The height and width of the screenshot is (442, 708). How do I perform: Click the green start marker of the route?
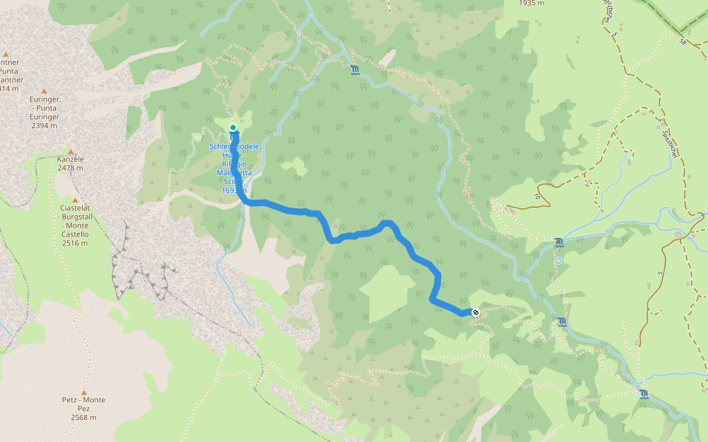[233, 127]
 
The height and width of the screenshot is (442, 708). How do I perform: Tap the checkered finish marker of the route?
[476, 312]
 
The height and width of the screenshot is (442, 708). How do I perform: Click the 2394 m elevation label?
[44, 125]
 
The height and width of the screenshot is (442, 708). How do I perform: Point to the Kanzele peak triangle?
[71, 150]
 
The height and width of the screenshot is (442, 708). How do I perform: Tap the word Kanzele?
[71, 159]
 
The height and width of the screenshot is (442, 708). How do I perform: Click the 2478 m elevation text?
[71, 168]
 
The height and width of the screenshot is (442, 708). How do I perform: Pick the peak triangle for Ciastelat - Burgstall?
[75, 200]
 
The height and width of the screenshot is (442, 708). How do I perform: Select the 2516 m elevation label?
[75, 243]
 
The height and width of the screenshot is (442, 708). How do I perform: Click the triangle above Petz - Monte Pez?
[84, 392]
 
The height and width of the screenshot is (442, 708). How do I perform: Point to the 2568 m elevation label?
[84, 418]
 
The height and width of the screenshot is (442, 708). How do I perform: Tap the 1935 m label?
[531, 3]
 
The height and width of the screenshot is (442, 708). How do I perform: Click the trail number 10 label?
[537, 197]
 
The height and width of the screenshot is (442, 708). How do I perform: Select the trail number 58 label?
[683, 43]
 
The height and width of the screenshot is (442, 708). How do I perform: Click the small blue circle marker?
[558, 261]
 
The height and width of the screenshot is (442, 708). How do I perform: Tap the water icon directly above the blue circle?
[559, 242]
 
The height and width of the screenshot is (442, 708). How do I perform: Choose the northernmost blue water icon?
[355, 70]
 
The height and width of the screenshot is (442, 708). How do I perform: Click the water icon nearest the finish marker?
[562, 321]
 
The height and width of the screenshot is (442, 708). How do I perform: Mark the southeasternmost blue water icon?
[644, 394]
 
